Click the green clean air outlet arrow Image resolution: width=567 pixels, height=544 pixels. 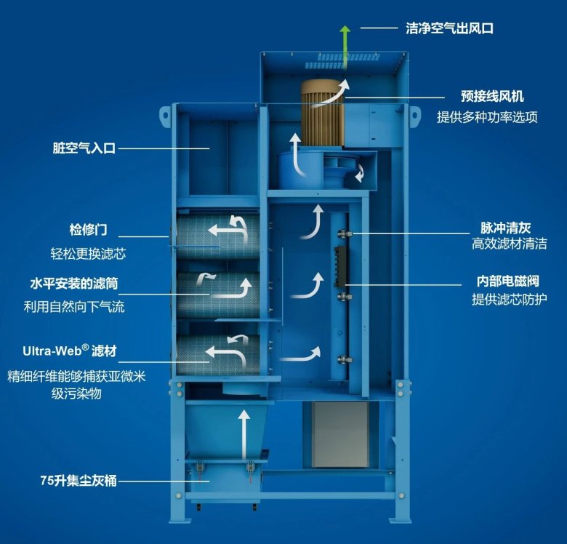click(345, 44)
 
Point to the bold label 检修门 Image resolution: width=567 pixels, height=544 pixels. click(89, 231)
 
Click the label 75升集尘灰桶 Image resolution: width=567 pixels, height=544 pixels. click(79, 481)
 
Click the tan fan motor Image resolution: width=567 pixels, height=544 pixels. click(323, 113)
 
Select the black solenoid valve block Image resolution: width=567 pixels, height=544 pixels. click(339, 265)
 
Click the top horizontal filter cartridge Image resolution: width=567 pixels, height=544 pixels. click(218, 232)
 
